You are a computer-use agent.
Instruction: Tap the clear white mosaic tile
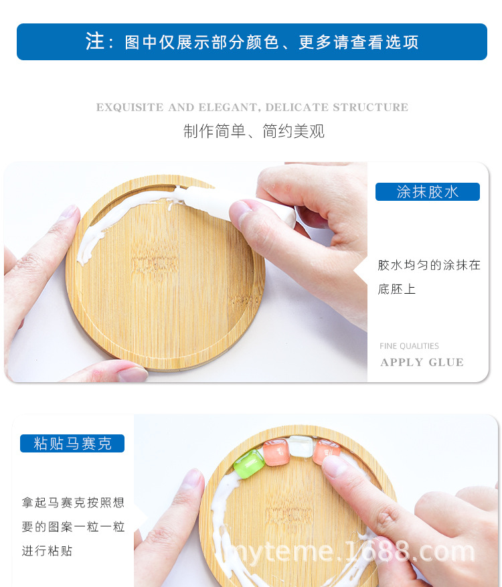click(x=301, y=447)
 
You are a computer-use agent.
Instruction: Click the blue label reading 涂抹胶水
click(x=427, y=192)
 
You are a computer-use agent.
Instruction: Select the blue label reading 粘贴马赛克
click(x=72, y=443)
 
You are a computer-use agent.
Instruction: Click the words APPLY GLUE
click(x=422, y=362)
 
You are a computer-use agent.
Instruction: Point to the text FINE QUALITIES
click(x=409, y=346)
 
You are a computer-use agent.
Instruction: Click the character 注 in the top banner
click(x=95, y=41)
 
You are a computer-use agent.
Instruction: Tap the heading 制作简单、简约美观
click(x=254, y=131)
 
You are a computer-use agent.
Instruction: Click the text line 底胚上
click(x=397, y=289)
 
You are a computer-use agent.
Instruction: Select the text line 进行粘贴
click(x=47, y=551)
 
